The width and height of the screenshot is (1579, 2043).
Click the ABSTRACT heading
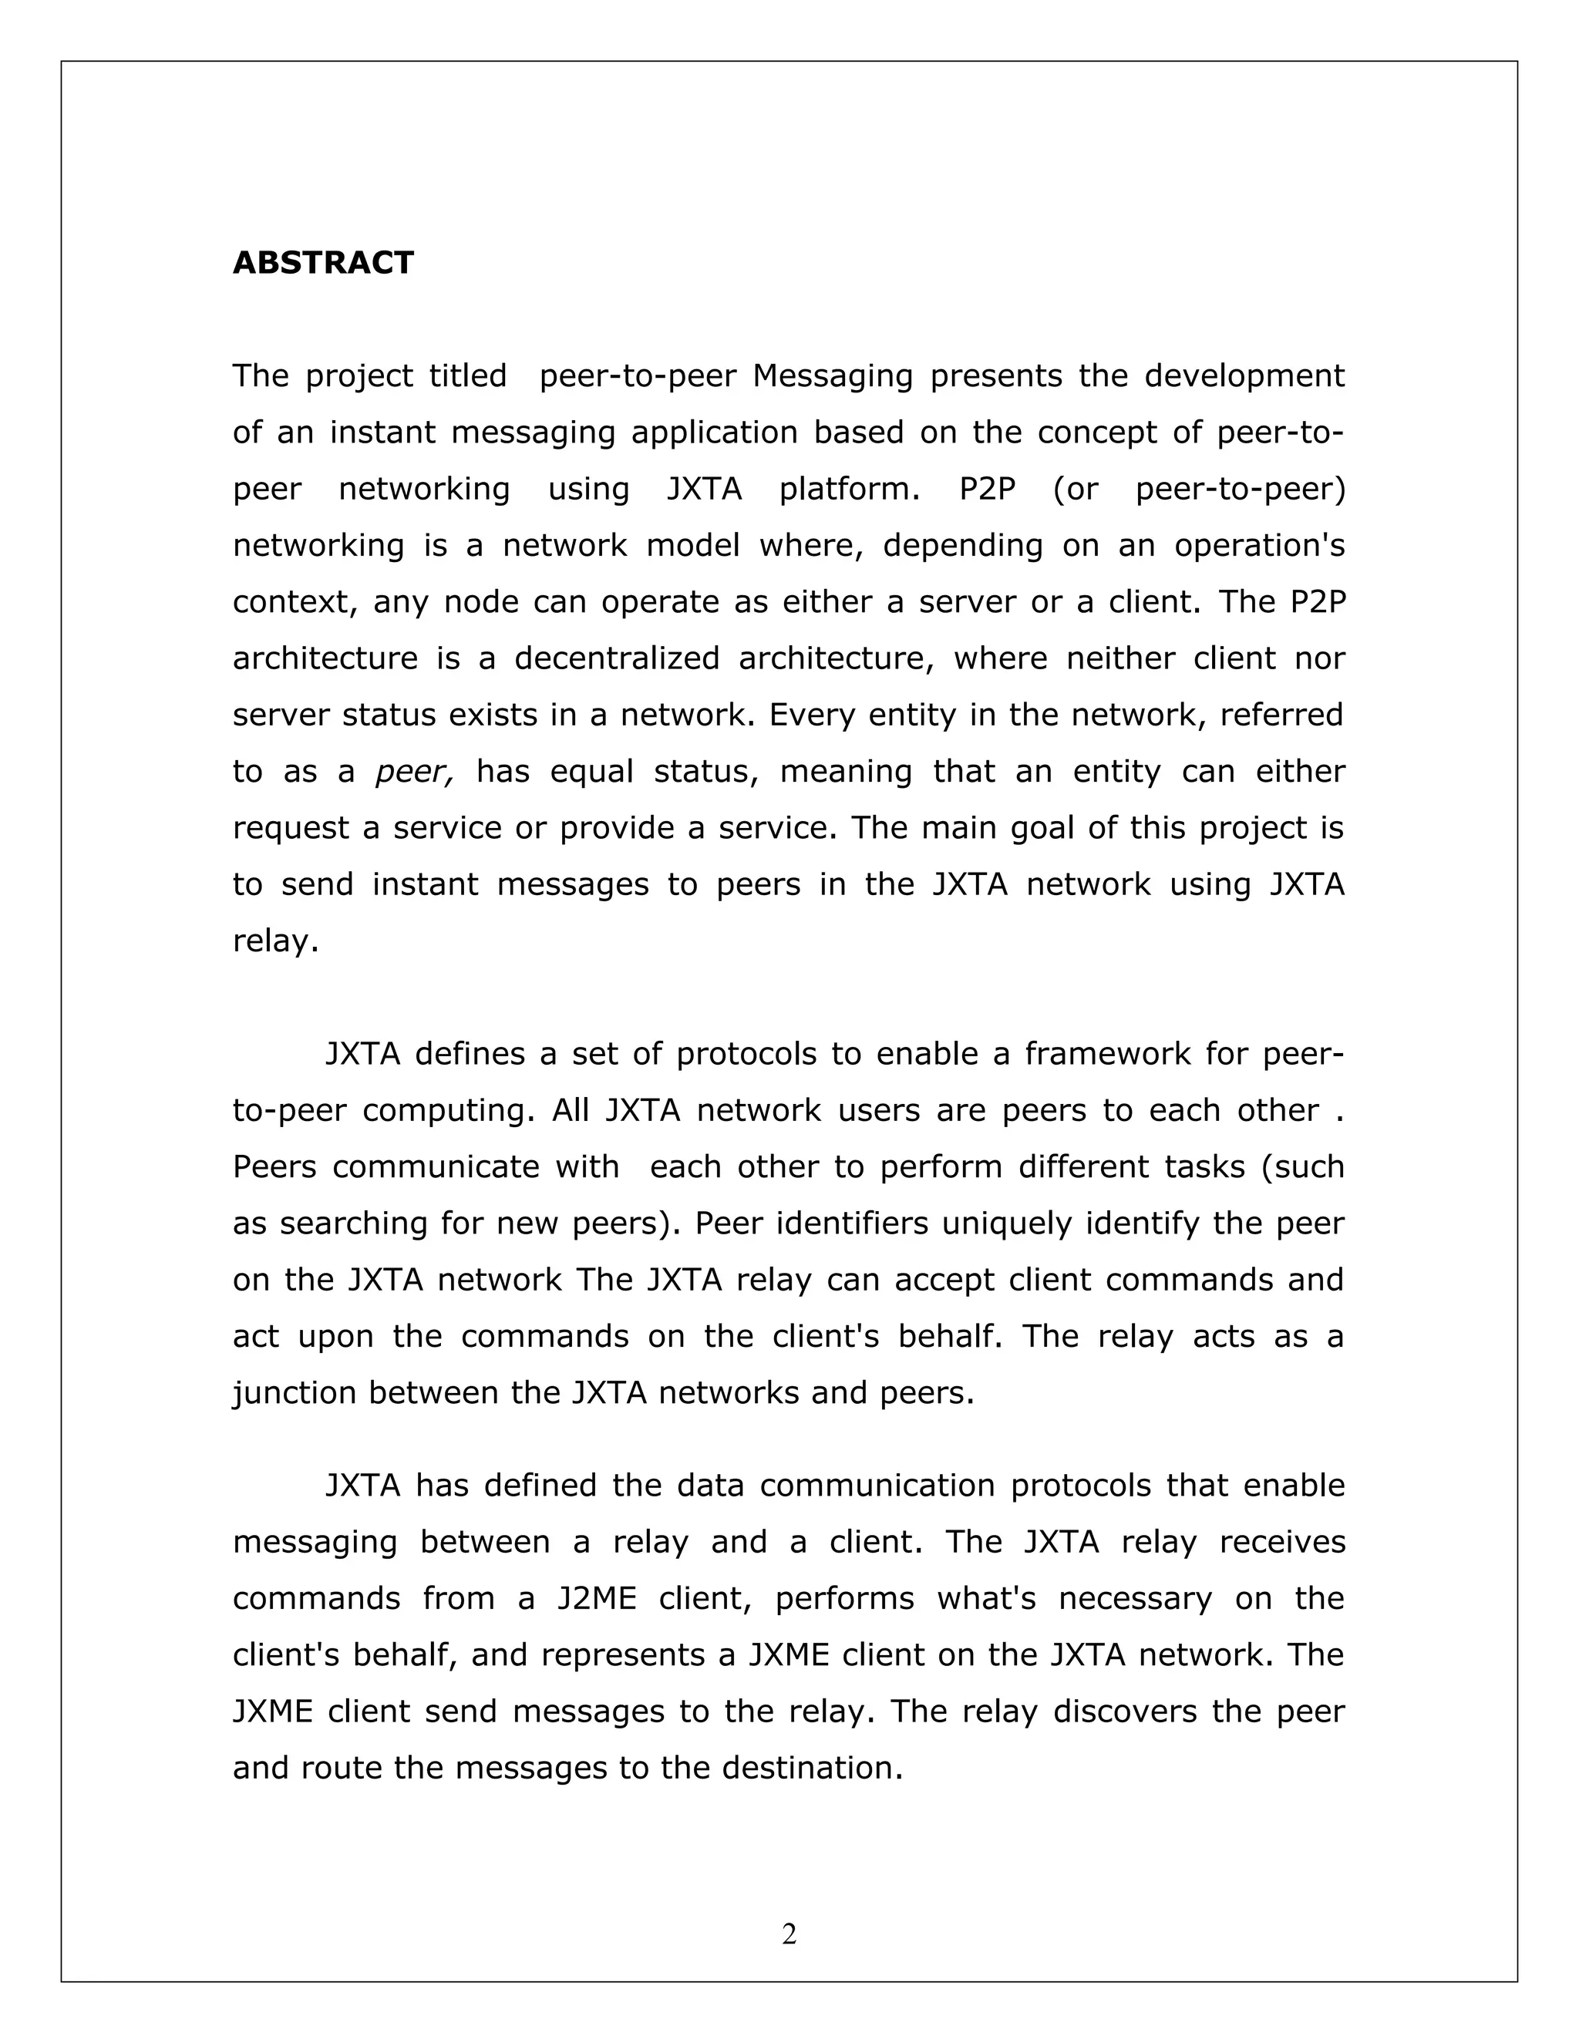click(x=323, y=263)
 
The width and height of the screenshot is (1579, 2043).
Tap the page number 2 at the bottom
click(x=789, y=1934)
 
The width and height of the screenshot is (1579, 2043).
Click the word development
click(x=1244, y=376)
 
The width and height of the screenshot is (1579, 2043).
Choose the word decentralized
click(x=617, y=658)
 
